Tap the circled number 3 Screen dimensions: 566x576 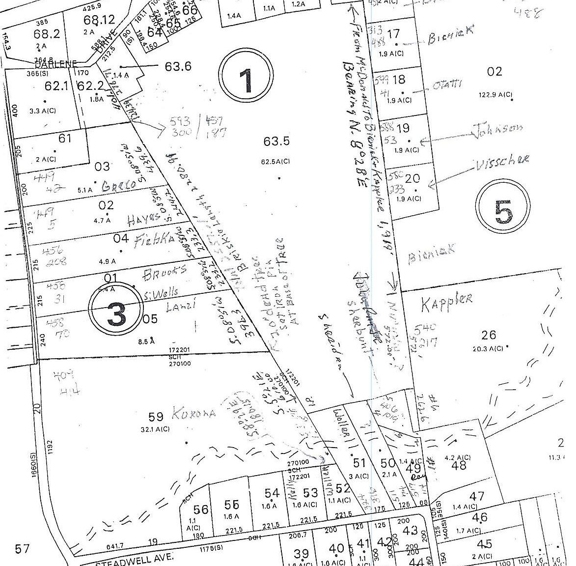pyautogui.click(x=116, y=313)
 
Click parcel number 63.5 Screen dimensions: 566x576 pyautogui.click(x=276, y=141)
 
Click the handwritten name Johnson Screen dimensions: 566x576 pyautogui.click(x=497, y=130)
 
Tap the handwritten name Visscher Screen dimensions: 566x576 pyautogui.click(x=502, y=160)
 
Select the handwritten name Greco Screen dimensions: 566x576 pyautogui.click(x=118, y=186)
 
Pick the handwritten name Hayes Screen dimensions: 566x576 pyautogui.click(x=144, y=220)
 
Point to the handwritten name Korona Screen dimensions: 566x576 pyautogui.click(x=193, y=414)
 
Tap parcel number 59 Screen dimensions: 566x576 pyautogui.click(x=156, y=417)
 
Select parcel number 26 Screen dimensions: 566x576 pyautogui.click(x=489, y=335)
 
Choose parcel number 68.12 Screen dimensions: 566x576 pyautogui.click(x=99, y=20)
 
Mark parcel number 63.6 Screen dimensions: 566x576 pyautogui.click(x=178, y=66)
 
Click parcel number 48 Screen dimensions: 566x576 pyautogui.click(x=459, y=465)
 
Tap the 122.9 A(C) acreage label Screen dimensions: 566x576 pyautogui.click(x=495, y=94)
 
